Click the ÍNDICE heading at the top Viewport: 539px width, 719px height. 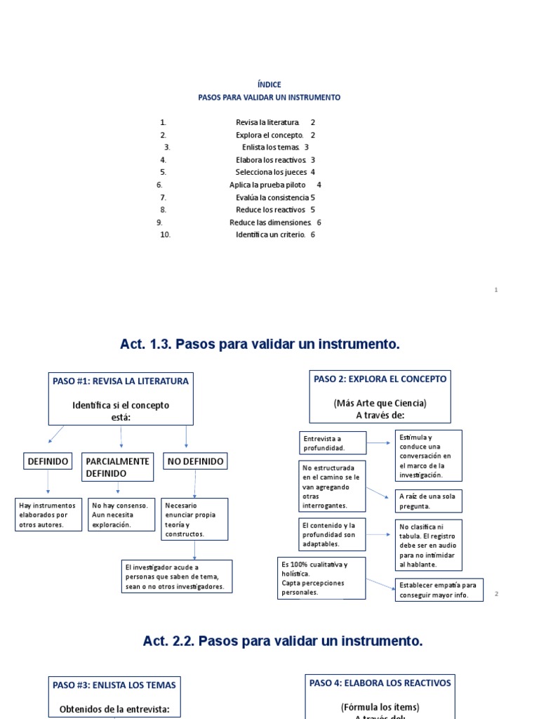point(269,84)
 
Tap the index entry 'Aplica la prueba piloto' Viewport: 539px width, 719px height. point(267,185)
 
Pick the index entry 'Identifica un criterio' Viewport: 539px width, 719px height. point(270,235)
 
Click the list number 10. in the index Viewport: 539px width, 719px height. point(165,235)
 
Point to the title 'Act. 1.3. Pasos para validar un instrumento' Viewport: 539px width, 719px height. point(260,344)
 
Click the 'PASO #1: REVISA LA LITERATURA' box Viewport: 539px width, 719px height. point(121,398)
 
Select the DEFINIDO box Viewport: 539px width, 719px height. point(48,461)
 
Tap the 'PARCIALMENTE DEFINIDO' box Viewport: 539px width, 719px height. point(117,467)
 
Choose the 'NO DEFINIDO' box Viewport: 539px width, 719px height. point(195,461)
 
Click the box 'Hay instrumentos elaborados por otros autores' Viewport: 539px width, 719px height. point(48,514)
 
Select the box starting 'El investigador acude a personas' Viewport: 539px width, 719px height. point(176,576)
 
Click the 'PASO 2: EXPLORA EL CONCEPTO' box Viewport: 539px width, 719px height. point(380,397)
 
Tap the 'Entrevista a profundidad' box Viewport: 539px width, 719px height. point(333,443)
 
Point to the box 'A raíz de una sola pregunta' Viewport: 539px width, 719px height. point(428,501)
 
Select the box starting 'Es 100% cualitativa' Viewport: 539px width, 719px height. point(321,578)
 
